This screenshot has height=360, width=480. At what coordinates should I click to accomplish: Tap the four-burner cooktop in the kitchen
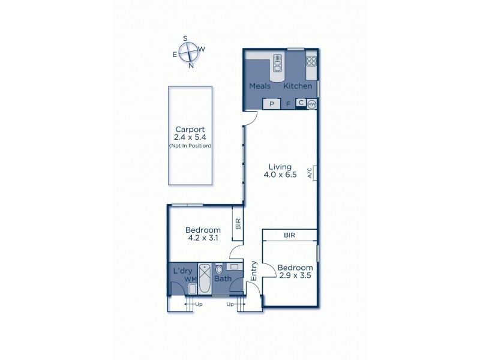click(311, 61)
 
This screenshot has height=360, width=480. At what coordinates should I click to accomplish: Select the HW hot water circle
click(311, 104)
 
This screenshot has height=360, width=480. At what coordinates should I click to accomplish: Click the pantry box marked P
click(272, 104)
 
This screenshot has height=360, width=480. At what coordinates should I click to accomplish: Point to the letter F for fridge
click(288, 104)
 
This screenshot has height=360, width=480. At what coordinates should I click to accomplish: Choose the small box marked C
click(301, 103)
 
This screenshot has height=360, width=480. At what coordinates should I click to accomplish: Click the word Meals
click(260, 86)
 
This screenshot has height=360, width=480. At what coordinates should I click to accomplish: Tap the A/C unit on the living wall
click(312, 173)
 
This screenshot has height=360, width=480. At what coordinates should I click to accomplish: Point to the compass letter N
click(191, 65)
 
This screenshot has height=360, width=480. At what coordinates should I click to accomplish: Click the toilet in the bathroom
click(218, 269)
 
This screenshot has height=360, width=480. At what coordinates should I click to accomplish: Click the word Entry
click(254, 270)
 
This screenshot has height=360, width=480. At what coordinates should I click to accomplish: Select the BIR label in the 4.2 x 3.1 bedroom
click(238, 224)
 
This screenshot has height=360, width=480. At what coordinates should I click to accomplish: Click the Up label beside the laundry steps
click(199, 305)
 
